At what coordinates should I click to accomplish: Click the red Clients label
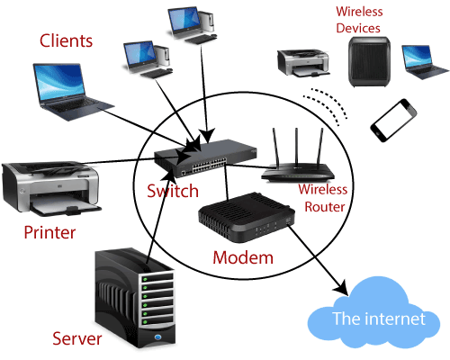point(66,40)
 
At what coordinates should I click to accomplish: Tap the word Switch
point(173,191)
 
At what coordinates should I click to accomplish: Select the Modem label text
point(243,257)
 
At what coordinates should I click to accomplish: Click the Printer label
point(49,232)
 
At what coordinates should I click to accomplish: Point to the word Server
point(77,338)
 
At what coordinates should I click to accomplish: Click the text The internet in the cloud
point(379,319)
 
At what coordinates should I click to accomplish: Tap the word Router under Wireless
point(325,207)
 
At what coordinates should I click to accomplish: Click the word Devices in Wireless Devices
point(358,28)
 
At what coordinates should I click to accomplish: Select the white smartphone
point(393,120)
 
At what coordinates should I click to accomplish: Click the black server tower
point(135,298)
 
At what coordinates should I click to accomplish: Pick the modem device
point(247,217)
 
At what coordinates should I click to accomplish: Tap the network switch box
point(205,157)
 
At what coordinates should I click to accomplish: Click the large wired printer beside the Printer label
point(51,188)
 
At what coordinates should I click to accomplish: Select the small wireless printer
point(303,63)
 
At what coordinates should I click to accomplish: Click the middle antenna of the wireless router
point(296,147)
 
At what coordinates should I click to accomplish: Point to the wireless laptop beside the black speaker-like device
point(426,61)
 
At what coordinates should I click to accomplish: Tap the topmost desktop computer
point(193,25)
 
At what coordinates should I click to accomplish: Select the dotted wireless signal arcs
point(326,105)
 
